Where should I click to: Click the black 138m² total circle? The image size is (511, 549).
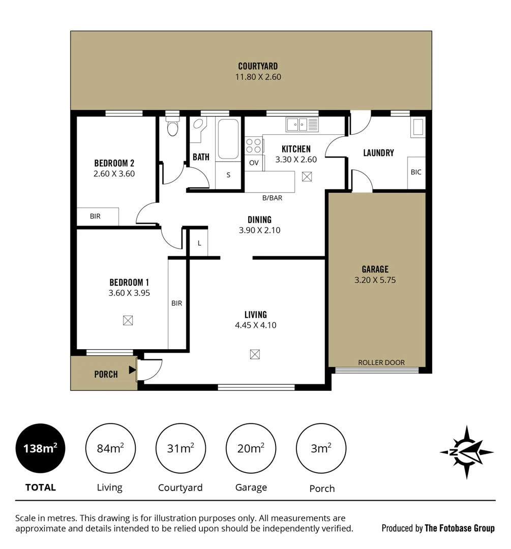pyautogui.click(x=40, y=448)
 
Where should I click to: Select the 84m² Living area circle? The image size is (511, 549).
pyautogui.click(x=110, y=448)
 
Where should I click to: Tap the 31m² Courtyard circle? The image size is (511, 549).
pyautogui.click(x=181, y=448)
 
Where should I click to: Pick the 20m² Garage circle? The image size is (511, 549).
pyautogui.click(x=251, y=448)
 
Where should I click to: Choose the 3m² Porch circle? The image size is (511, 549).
pyautogui.click(x=321, y=448)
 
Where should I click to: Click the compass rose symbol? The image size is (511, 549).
pyautogui.click(x=466, y=452)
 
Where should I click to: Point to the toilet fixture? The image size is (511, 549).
pyautogui.click(x=173, y=128)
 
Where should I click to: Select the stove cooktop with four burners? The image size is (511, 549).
pyautogui.click(x=253, y=146)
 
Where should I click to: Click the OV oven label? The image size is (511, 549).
pyautogui.click(x=254, y=163)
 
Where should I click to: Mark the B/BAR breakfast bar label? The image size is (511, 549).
pyautogui.click(x=272, y=198)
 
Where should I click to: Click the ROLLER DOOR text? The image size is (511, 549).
pyautogui.click(x=381, y=362)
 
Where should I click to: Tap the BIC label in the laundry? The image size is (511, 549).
pyautogui.click(x=416, y=172)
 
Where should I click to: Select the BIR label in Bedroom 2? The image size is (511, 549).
pyautogui.click(x=95, y=217)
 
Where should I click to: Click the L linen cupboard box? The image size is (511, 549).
pyautogui.click(x=199, y=243)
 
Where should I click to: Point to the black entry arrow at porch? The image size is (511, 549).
pyautogui.click(x=132, y=370)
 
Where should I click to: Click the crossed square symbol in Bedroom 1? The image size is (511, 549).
pyautogui.click(x=128, y=320)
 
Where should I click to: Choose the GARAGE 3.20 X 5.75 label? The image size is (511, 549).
pyautogui.click(x=375, y=274)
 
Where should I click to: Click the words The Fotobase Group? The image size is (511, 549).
pyautogui.click(x=460, y=528)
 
